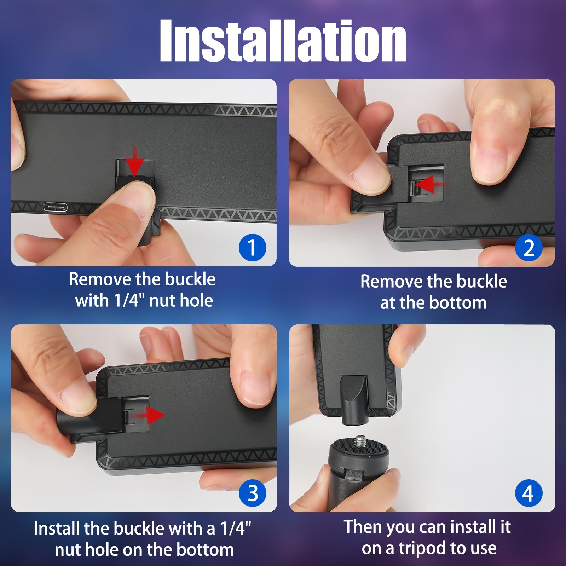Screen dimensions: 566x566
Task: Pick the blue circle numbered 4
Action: (528, 493)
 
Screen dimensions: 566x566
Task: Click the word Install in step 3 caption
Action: (57, 529)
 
